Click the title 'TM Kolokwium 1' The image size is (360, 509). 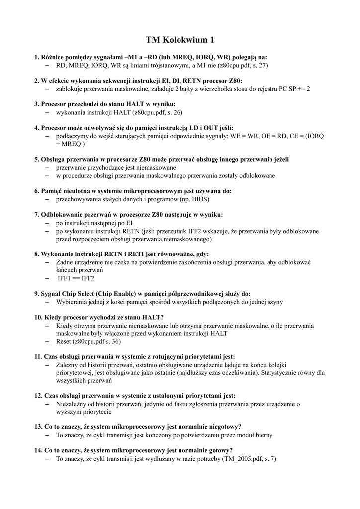(180, 39)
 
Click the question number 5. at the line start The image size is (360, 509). (37, 159)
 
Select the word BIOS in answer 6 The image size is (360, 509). (199, 199)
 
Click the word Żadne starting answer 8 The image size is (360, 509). (64, 262)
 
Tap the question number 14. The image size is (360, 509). (39, 450)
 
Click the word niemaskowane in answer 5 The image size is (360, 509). (148, 168)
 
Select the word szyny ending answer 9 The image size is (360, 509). (273, 302)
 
